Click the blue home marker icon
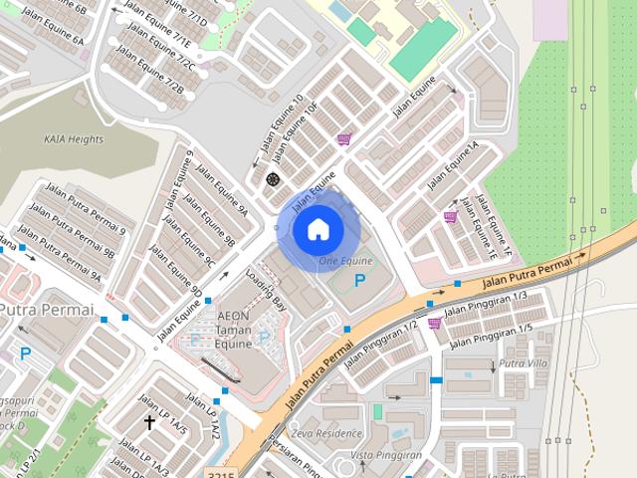[317, 229]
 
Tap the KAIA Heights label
[74, 139]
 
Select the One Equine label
[345, 260]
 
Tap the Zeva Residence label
[325, 434]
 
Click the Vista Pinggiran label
[387, 455]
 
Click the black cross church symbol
[149, 422]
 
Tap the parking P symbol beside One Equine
[358, 283]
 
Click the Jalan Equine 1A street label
[454, 165]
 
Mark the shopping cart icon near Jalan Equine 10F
[343, 139]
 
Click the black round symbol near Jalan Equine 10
[273, 179]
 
